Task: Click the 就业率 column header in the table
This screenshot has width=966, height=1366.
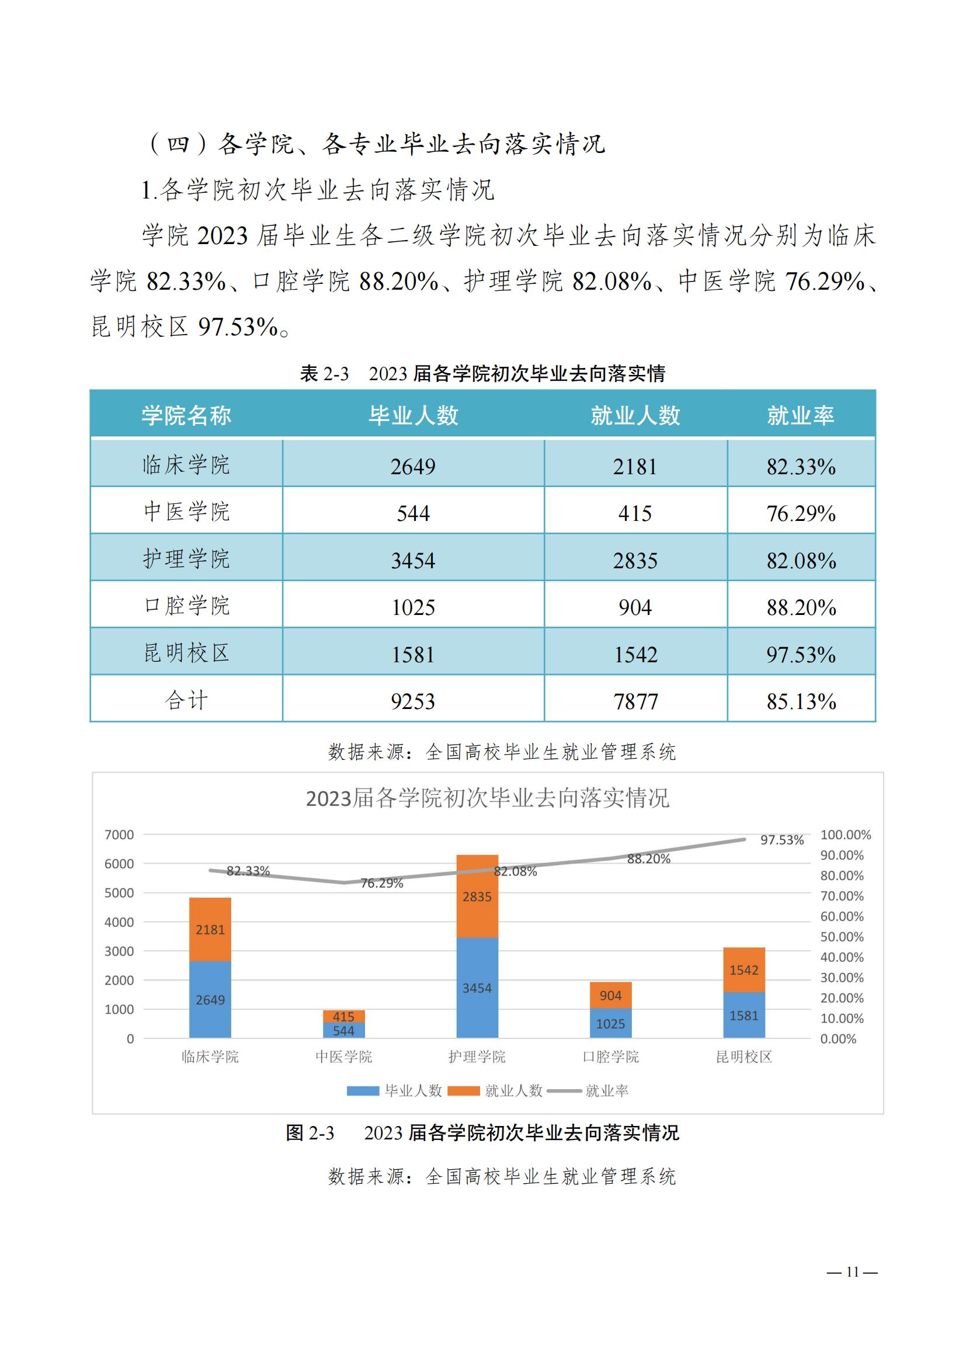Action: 800,415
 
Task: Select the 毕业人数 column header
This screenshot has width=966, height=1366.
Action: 413,415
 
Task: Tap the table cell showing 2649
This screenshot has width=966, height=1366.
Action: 413,466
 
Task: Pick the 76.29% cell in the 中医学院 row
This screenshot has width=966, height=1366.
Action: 801,513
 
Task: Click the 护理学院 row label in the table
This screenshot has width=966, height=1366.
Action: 186,559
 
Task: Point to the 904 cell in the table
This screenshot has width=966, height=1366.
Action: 635,607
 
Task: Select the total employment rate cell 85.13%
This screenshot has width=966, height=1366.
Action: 801,701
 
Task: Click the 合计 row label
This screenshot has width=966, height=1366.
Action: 186,700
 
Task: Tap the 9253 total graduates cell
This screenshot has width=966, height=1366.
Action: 413,701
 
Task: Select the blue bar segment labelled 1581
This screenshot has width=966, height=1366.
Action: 743,1015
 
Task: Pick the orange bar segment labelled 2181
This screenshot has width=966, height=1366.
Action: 210,929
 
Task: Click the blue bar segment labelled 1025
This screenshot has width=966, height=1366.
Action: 610,1023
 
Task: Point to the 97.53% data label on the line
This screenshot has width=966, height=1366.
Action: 781,840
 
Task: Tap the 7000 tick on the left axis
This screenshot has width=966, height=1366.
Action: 119,835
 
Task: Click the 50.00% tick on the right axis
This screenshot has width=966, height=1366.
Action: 842,936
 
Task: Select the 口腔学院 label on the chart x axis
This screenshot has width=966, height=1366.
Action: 610,1056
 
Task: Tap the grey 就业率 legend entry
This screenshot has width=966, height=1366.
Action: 606,1090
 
